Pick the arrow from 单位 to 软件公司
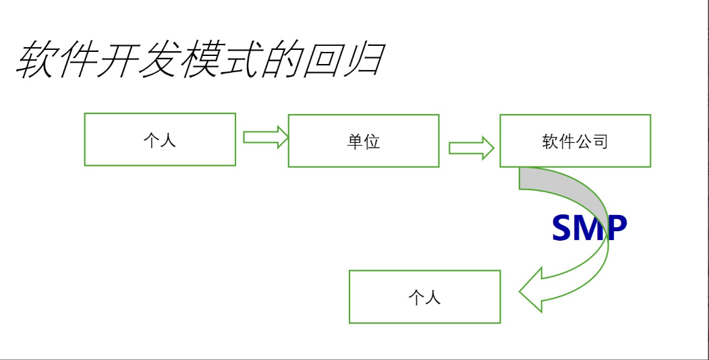tap(471, 148)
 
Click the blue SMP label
tap(589, 229)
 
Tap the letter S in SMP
tap(564, 229)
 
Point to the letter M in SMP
tap(589, 229)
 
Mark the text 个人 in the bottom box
tap(424, 297)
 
